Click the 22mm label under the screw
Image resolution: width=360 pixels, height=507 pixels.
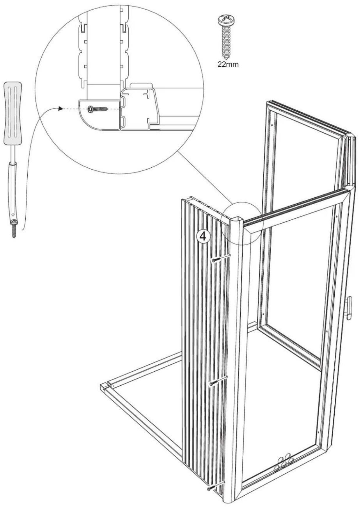(228, 64)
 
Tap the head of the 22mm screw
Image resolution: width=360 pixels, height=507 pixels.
(226, 21)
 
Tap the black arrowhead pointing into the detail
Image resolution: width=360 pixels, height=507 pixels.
(61, 109)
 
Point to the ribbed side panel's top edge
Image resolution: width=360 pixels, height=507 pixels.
(204, 204)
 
